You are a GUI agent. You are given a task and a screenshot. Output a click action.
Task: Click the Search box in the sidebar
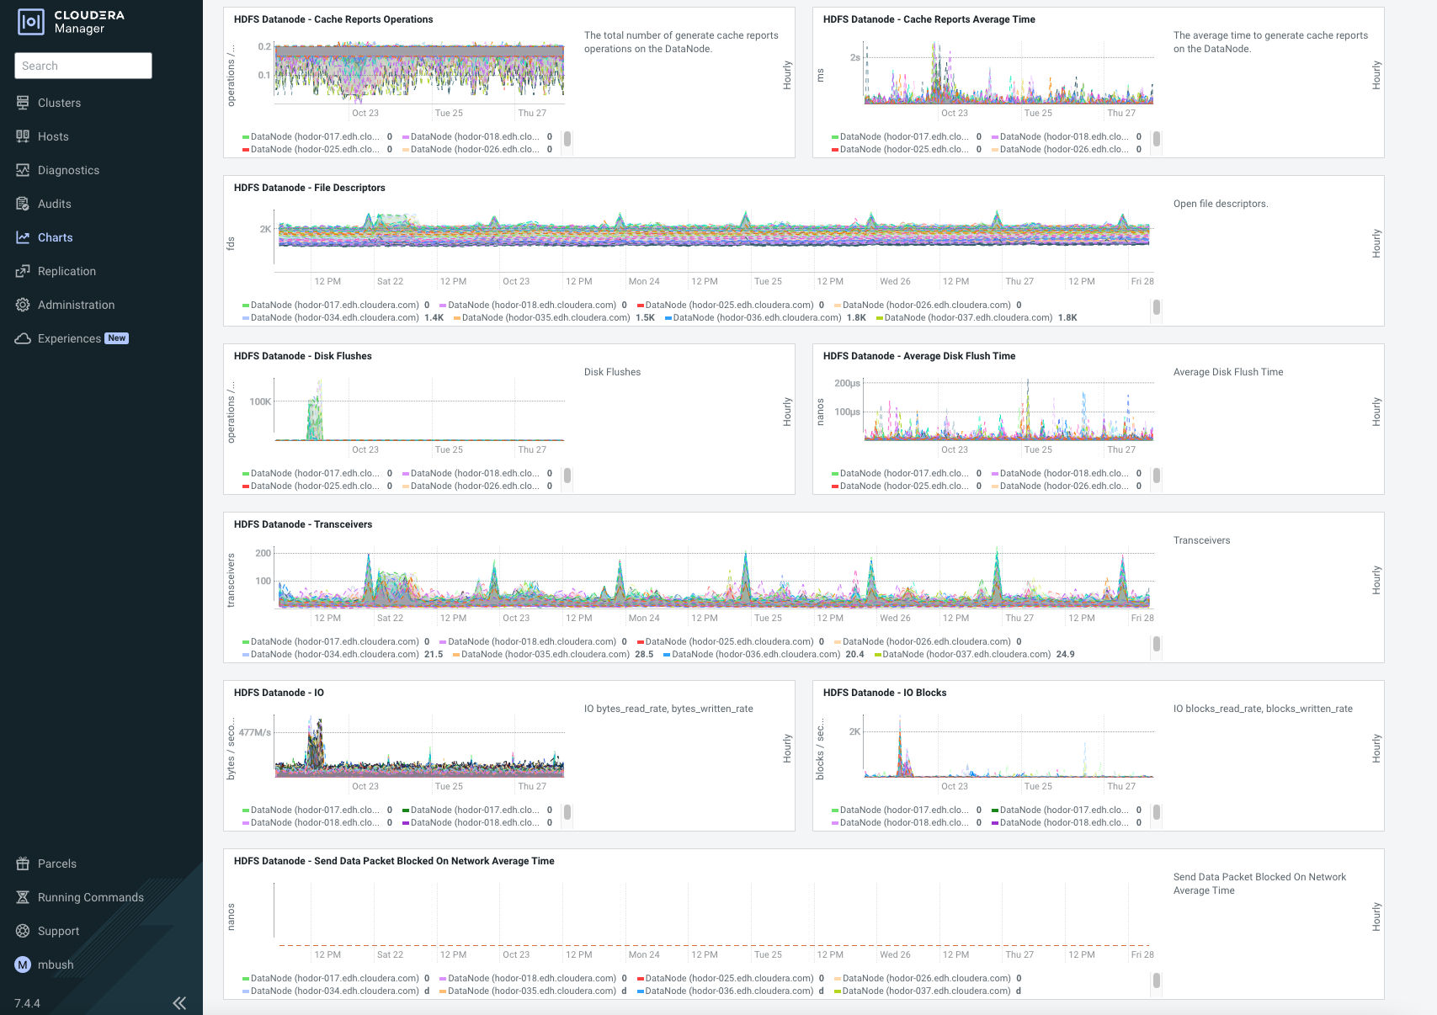(x=82, y=66)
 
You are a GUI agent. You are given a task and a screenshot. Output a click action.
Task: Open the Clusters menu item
(x=59, y=103)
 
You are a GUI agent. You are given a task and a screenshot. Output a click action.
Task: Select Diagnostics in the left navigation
(x=68, y=170)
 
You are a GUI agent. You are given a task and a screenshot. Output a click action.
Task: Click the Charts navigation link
(x=55, y=237)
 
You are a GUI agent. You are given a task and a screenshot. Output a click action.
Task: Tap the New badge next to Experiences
(x=117, y=338)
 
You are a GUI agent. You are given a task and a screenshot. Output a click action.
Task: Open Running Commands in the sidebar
(x=90, y=897)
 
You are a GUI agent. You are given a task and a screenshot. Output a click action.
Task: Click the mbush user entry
(x=55, y=965)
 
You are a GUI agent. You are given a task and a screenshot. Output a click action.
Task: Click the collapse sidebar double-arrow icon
(x=179, y=1002)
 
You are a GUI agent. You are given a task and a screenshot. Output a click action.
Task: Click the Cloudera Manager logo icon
(x=31, y=22)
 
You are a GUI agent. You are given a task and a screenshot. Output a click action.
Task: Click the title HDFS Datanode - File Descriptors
(x=309, y=188)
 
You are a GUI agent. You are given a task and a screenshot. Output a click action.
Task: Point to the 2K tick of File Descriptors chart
(x=265, y=229)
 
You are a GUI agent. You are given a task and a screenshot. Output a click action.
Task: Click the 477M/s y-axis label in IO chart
(x=254, y=732)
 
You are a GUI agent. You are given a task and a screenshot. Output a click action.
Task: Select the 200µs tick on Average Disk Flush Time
(x=847, y=383)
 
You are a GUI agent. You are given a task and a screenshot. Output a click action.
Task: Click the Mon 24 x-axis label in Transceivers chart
(x=644, y=618)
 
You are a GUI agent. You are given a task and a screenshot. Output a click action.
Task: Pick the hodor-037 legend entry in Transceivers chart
(x=966, y=654)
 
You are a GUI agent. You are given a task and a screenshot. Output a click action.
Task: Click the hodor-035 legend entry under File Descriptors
(x=546, y=317)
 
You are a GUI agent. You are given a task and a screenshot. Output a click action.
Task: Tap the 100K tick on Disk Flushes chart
(x=260, y=401)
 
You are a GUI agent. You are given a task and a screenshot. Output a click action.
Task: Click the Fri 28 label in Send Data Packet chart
(x=1142, y=954)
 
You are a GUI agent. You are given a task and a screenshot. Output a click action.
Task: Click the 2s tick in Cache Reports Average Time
(x=854, y=57)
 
